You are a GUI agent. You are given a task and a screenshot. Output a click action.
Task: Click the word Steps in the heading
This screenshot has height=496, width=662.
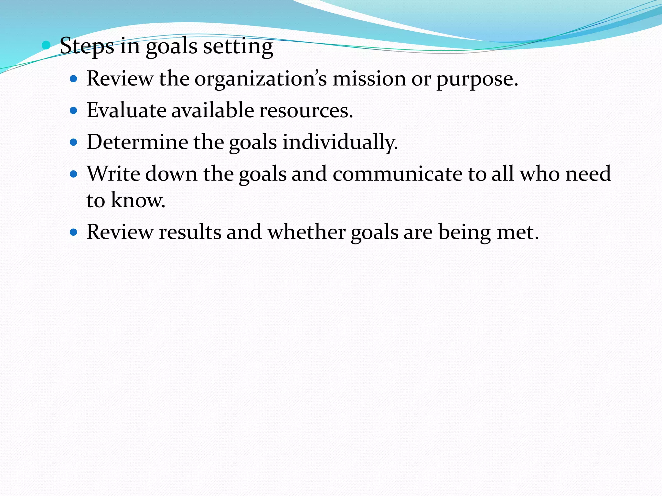pos(87,46)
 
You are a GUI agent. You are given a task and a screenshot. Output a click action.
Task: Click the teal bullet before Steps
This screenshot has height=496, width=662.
pos(46,45)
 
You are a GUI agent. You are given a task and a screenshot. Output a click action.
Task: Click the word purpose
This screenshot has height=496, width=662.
pos(476,79)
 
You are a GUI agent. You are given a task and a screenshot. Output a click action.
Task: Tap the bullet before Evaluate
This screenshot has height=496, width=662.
pos(74,111)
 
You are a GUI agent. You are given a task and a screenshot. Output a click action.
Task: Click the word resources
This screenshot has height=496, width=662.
pos(305,110)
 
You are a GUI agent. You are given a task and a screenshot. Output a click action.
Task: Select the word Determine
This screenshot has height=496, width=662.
pos(137,142)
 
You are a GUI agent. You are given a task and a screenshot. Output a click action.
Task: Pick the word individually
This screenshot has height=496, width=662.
pos(339,142)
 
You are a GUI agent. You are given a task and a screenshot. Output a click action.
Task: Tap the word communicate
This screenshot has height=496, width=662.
pos(398,174)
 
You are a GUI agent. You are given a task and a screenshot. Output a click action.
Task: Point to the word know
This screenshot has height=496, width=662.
pos(137,200)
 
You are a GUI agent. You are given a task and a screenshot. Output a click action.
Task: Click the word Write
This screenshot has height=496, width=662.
pos(113,174)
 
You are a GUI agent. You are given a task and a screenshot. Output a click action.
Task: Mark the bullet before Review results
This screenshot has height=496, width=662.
pos(74,232)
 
